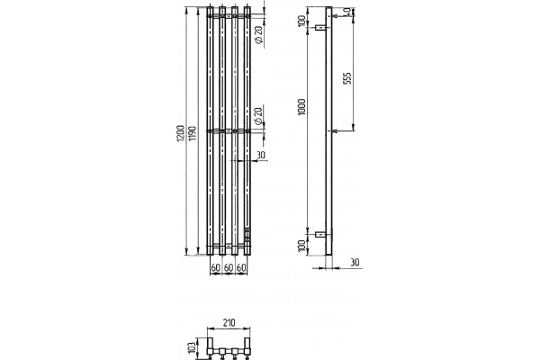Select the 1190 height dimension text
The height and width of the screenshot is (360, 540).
193,133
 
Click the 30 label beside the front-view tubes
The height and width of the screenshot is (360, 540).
261,155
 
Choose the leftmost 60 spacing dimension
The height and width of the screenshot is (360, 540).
216,267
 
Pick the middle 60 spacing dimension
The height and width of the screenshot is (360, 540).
229,267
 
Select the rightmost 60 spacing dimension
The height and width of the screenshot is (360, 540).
241,267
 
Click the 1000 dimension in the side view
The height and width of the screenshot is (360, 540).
302,107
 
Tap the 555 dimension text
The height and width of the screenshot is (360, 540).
347,78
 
